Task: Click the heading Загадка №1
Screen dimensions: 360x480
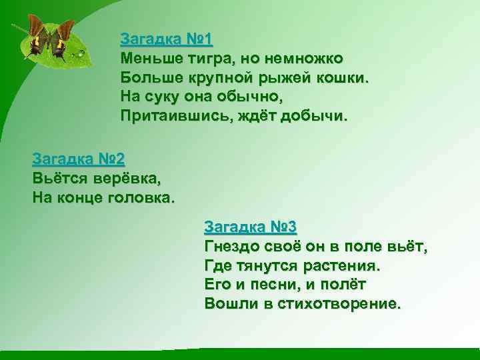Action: [x=166, y=39]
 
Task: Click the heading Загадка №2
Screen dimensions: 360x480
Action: [x=78, y=159]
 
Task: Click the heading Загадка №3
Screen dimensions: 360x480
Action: [x=250, y=227]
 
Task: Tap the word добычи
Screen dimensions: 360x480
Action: [x=299, y=116]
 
